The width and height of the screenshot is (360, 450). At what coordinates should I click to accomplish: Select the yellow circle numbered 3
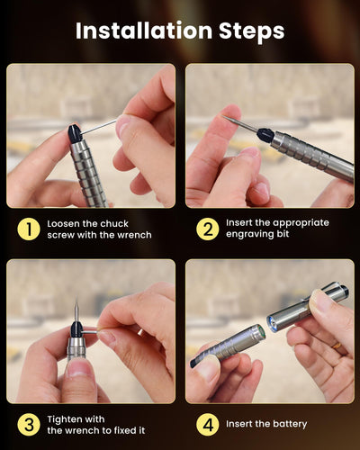tap(29, 423)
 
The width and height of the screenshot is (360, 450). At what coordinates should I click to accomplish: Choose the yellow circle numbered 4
tap(208, 423)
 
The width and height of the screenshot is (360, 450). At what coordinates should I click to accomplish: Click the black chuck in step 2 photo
tap(265, 136)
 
